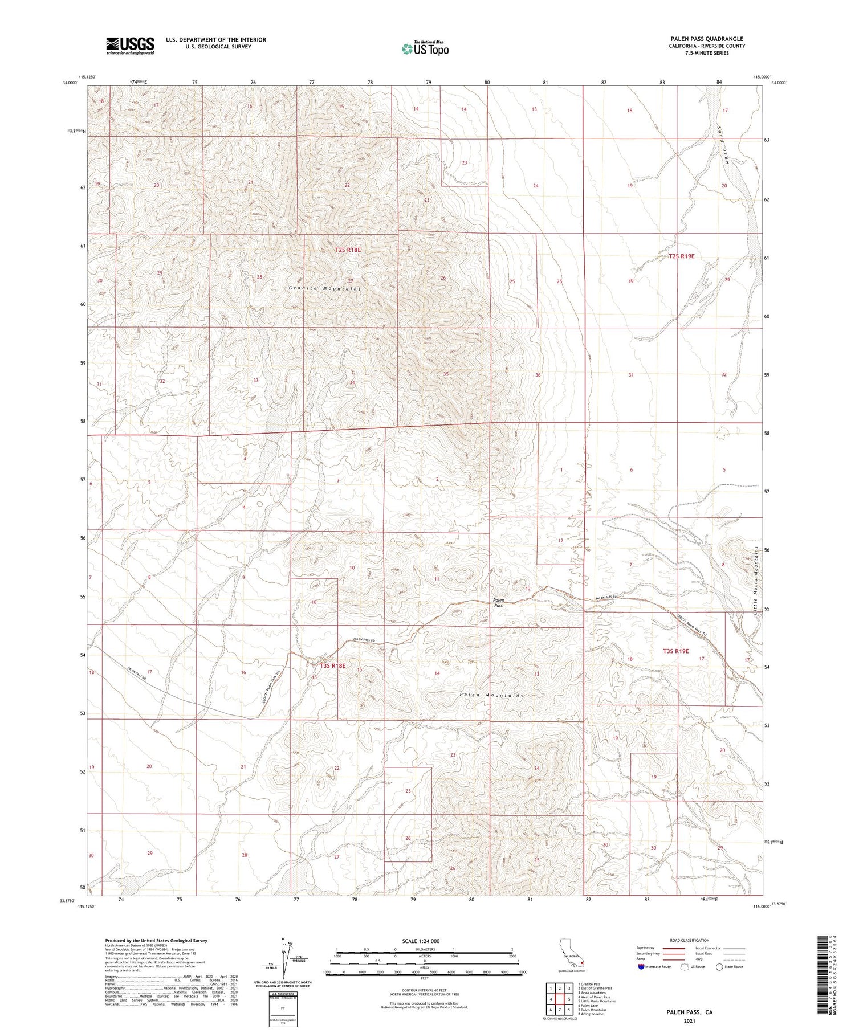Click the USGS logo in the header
point(130,46)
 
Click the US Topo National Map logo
point(425,48)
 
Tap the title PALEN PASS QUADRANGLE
point(707,39)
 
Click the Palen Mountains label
point(491,695)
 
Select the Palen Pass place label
point(498,602)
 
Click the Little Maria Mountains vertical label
point(756,579)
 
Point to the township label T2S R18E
point(348,250)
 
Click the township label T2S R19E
point(681,256)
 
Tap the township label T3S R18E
point(332,665)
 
